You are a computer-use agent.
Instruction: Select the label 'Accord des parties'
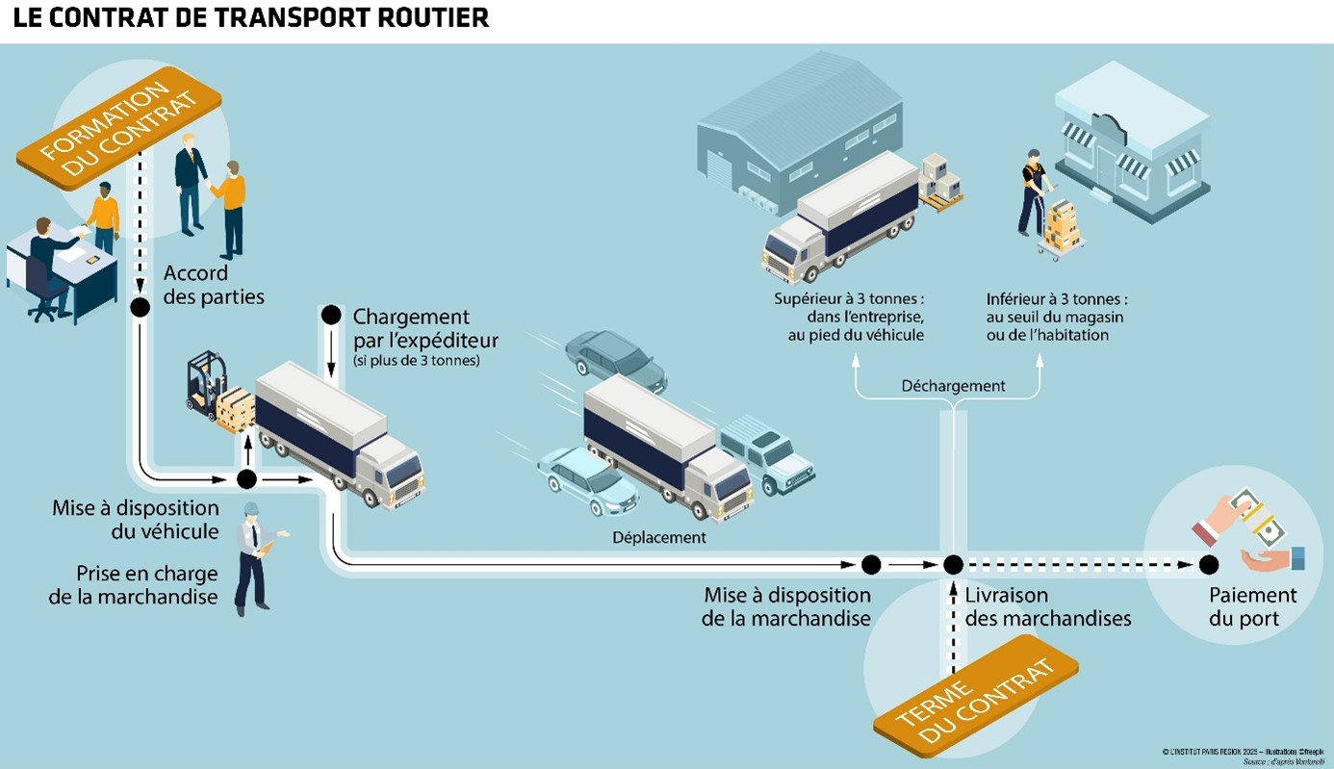pos(213,285)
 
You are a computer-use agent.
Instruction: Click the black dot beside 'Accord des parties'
pos(141,308)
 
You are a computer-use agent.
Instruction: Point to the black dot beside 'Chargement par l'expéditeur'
pos(331,315)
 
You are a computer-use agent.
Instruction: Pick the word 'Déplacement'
pos(659,538)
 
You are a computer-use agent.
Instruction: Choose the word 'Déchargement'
pos(953,386)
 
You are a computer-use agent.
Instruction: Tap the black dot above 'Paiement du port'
pos(1209,565)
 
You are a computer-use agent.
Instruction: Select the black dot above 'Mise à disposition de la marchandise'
pos(871,565)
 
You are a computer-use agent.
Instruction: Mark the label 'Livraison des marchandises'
pos(1047,607)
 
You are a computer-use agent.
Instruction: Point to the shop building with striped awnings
pos(1132,144)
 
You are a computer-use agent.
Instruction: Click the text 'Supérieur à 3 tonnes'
pos(849,299)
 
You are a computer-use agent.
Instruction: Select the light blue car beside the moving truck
pos(587,479)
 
